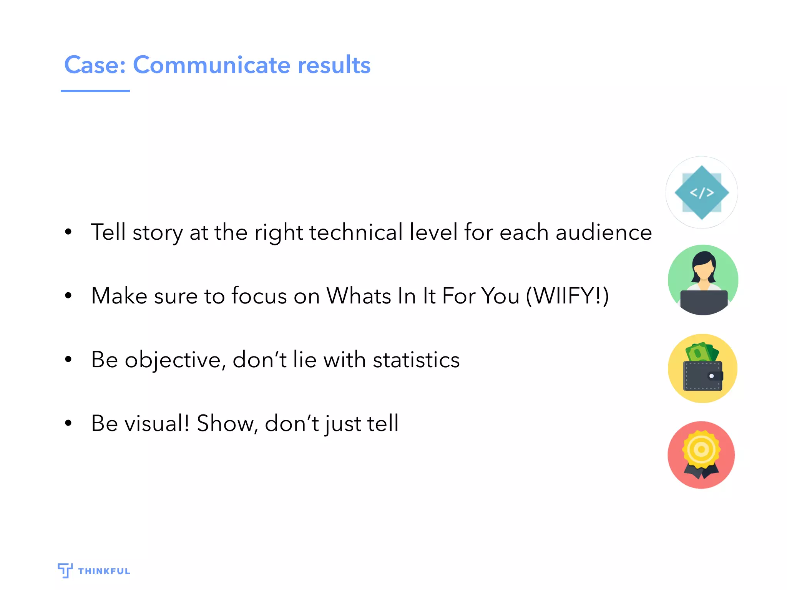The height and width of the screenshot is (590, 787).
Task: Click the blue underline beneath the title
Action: click(95, 91)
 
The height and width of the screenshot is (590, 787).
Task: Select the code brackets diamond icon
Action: click(702, 192)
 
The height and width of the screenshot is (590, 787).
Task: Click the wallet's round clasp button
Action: click(711, 376)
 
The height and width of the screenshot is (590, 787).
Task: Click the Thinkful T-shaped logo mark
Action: click(65, 570)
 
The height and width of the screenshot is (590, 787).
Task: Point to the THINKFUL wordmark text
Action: click(104, 571)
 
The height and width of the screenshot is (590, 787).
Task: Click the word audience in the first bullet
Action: click(604, 232)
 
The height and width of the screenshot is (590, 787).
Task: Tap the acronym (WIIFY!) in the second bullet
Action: click(567, 296)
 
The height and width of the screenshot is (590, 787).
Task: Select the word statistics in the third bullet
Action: click(416, 360)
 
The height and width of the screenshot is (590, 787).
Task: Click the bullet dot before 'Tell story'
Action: click(68, 232)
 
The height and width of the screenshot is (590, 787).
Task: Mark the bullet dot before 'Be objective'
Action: click(68, 360)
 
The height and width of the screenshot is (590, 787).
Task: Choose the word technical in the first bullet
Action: click(356, 232)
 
